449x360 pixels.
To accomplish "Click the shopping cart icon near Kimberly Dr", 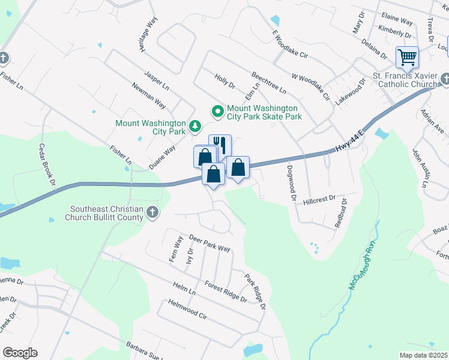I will point(407,58).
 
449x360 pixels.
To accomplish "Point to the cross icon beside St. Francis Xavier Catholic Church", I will point(445,79).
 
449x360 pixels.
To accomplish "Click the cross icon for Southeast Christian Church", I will point(152,212).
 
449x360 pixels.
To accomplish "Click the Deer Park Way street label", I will point(209,243).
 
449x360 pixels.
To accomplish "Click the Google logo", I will point(20,353).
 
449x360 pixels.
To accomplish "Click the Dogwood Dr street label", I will point(292,182).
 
